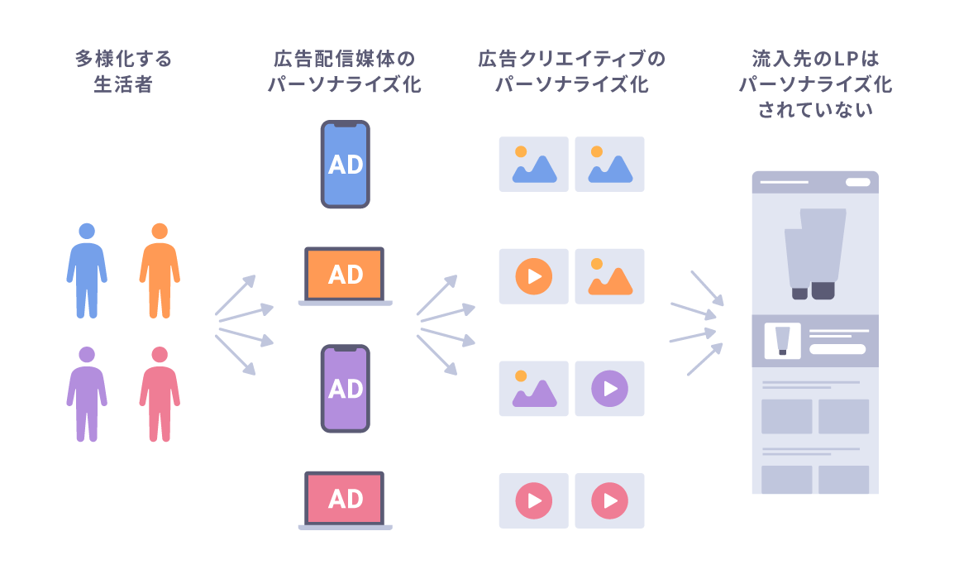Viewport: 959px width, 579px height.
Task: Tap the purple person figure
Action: pos(86,394)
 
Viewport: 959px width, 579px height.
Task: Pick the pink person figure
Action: pos(160,394)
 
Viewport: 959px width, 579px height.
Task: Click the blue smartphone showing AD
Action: pos(345,164)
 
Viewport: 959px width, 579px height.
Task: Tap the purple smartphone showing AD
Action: pos(345,388)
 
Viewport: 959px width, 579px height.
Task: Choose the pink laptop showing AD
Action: pos(345,500)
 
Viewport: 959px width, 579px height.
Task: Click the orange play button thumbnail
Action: pos(533,276)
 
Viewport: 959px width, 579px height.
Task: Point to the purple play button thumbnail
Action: pos(609,388)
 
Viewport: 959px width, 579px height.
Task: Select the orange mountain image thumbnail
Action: pos(609,276)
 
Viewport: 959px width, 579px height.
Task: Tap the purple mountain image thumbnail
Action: pos(533,388)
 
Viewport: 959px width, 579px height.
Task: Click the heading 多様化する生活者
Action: pos(123,72)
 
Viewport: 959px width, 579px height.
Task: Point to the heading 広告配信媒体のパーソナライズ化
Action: pos(345,72)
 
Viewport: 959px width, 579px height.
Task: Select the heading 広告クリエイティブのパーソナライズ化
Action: pos(571,72)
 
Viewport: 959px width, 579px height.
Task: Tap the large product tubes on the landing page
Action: pos(814,252)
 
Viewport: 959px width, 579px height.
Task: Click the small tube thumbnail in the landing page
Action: pos(782,340)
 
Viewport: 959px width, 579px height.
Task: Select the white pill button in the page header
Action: pos(857,182)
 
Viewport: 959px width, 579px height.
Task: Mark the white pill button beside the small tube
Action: pos(837,349)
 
